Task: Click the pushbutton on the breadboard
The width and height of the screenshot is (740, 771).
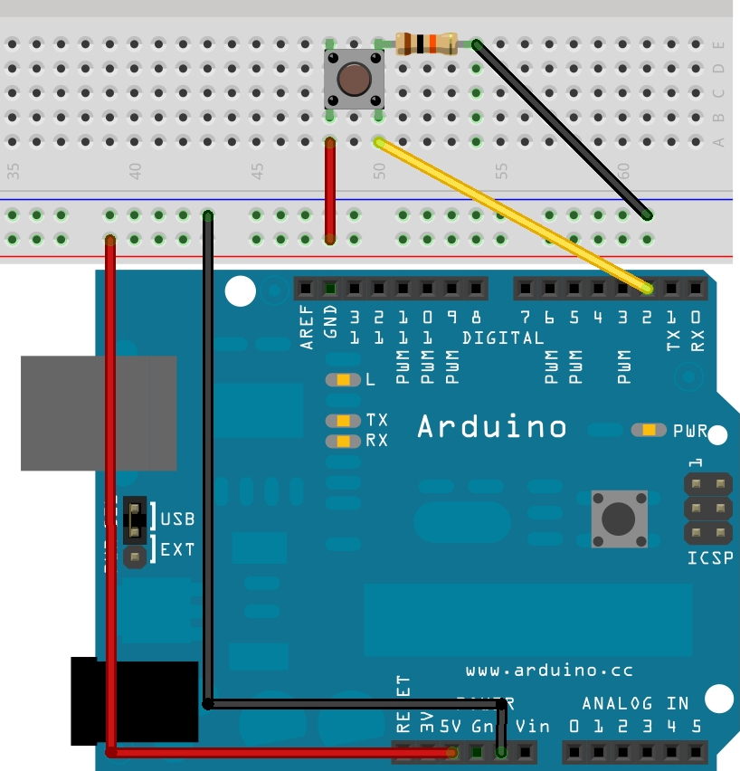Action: pyautogui.click(x=354, y=80)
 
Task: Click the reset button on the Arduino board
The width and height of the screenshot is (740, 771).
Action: pyautogui.click(x=619, y=519)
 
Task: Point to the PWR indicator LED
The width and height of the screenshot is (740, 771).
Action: pyautogui.click(x=649, y=430)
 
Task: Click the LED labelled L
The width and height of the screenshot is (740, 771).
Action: pyautogui.click(x=343, y=380)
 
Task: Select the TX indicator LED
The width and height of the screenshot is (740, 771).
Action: pyautogui.click(x=343, y=420)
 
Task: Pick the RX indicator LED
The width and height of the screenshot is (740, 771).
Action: pyautogui.click(x=343, y=442)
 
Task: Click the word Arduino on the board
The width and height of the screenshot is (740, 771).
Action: pyautogui.click(x=492, y=426)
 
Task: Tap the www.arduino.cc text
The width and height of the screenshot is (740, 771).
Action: pyautogui.click(x=549, y=671)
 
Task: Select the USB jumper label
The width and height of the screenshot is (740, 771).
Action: pyautogui.click(x=177, y=519)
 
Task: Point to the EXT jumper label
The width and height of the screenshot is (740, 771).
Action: pyautogui.click(x=177, y=548)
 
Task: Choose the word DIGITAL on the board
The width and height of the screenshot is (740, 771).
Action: pyautogui.click(x=503, y=338)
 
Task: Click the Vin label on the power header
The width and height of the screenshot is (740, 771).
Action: pyautogui.click(x=531, y=726)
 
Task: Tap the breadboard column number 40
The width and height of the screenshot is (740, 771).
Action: pyautogui.click(x=135, y=169)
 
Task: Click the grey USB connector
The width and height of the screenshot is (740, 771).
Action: pyautogui.click(x=99, y=413)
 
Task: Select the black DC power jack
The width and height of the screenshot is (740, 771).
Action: pyautogui.click(x=135, y=701)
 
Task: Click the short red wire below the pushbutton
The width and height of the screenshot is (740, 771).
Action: pyautogui.click(x=330, y=190)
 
